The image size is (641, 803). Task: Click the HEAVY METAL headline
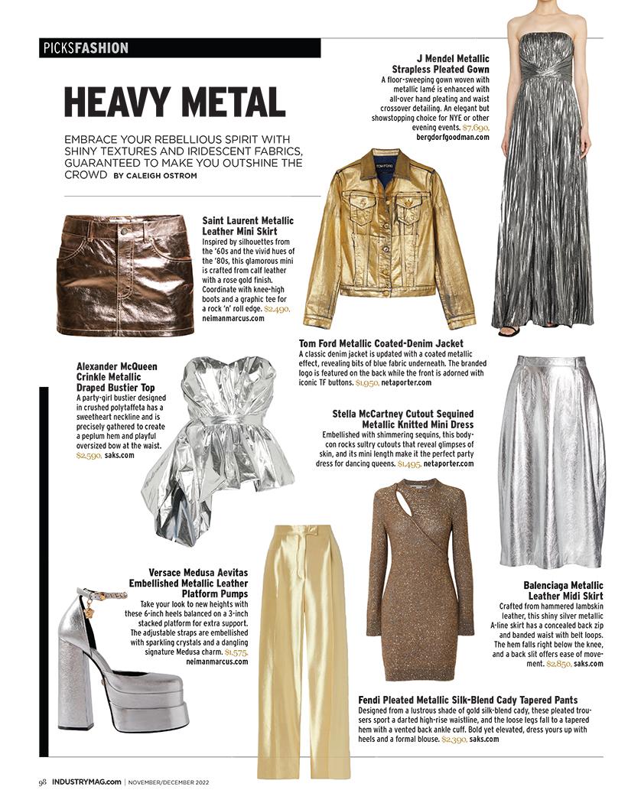[x=174, y=102]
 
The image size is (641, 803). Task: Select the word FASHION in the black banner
[x=102, y=48]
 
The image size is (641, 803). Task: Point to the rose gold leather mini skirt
[x=125, y=275]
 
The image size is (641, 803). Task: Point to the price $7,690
[x=476, y=128]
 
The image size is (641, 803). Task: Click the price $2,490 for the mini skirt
[x=278, y=307]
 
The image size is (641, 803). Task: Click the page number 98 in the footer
[x=43, y=782]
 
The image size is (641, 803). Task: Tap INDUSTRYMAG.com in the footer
[x=86, y=782]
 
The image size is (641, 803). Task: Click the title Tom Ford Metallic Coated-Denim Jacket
[x=381, y=343]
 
